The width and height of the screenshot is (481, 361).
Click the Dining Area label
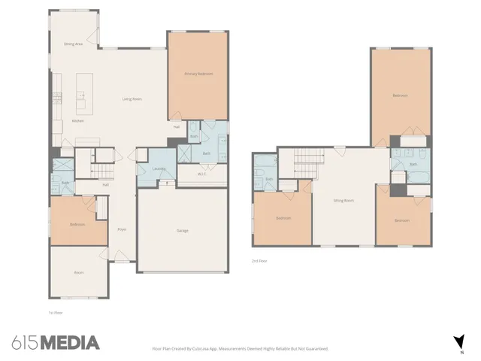pos(73,44)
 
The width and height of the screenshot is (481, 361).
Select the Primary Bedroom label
pos(198,74)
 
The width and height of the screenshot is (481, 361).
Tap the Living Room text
pos(133,99)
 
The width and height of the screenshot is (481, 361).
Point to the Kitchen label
pos(77,120)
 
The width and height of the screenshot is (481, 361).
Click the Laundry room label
pos(159,168)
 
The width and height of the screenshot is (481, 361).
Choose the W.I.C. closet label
pos(201,174)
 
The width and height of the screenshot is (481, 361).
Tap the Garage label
pos(183,229)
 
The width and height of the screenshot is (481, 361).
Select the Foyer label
pos(121,229)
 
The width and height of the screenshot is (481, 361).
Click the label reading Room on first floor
pos(77,272)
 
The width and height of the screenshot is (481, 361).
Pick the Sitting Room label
pos(344,200)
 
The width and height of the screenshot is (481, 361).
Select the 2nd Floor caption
pos(259,261)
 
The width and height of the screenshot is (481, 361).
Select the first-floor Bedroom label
pos(77,224)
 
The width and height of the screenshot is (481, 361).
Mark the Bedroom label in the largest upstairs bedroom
pos(400,96)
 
